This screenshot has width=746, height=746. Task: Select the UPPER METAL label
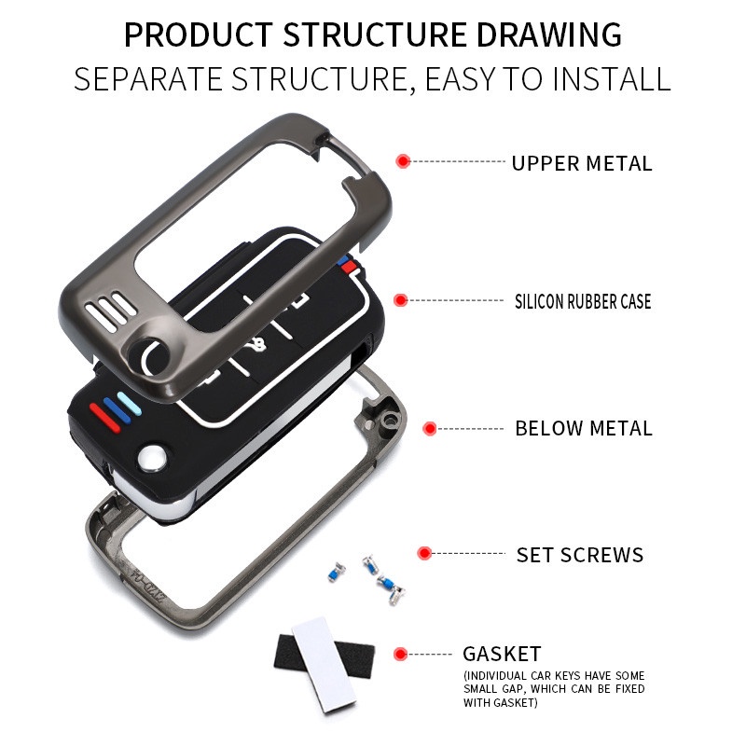point(581,163)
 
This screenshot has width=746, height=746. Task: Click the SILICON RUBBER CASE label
point(583,301)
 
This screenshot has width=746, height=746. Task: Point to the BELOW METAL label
point(584,429)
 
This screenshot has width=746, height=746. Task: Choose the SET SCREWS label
point(580,556)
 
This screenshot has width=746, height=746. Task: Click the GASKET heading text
point(502,654)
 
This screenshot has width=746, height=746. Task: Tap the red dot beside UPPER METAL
point(403,161)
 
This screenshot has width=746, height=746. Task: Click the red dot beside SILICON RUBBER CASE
point(401,300)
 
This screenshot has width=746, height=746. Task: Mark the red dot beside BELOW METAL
point(430,429)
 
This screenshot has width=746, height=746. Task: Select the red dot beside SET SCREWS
point(425,553)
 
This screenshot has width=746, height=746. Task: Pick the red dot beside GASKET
point(401,654)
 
